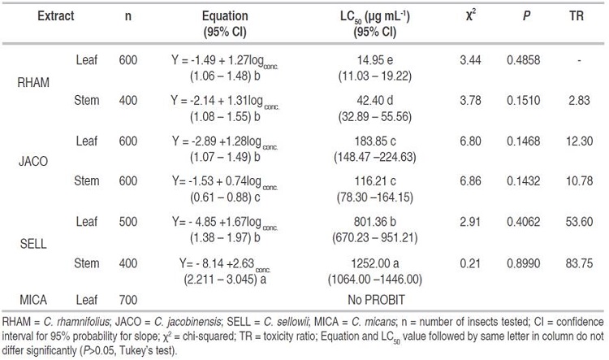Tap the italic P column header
pyautogui.click(x=520, y=15)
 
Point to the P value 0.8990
pyautogui.click(x=520, y=263)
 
